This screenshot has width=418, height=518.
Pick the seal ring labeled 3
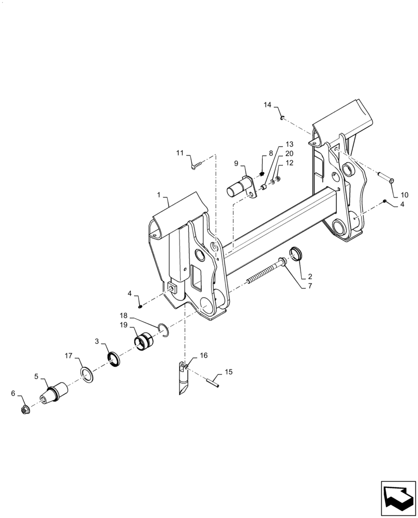[x=114, y=358]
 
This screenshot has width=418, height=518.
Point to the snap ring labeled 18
[x=163, y=329]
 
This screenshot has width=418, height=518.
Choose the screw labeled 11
[x=197, y=165]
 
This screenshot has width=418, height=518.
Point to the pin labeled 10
[x=385, y=179]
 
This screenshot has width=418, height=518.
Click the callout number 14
[x=267, y=105]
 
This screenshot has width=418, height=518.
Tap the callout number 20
[x=289, y=154]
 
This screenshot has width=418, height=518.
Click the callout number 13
[x=289, y=144]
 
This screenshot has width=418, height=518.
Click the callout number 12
[x=289, y=163]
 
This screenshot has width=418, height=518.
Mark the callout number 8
[x=270, y=154]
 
